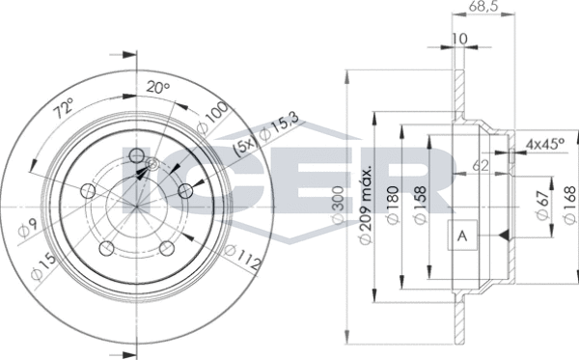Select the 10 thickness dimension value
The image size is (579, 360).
coord(459,39)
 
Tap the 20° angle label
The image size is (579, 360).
coord(157,87)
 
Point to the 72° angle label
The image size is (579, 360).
coord(64,108)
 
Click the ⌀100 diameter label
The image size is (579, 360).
coord(212,117)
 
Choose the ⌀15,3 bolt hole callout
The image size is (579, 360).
coord(279,126)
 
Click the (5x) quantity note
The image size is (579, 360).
coord(244,148)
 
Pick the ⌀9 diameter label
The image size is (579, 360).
coord(28,230)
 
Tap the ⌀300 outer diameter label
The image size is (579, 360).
coord(339,205)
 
